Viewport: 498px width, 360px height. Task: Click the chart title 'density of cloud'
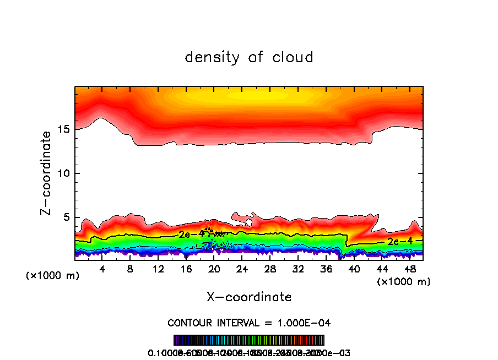[249, 57]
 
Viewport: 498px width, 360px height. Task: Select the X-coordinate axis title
[249, 297]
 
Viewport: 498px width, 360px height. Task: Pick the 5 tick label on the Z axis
[65, 217]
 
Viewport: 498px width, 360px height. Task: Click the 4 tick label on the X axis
[102, 269]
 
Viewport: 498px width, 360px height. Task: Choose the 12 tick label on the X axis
[158, 269]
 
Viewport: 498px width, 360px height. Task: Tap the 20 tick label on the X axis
[214, 269]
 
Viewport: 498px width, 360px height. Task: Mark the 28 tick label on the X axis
[270, 269]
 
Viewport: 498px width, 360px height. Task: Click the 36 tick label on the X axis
[326, 269]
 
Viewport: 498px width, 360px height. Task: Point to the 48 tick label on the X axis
[409, 269]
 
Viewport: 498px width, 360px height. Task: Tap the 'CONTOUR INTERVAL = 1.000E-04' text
[249, 322]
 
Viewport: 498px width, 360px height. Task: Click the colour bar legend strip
[249, 340]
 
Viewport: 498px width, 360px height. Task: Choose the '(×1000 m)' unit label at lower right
[404, 282]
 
